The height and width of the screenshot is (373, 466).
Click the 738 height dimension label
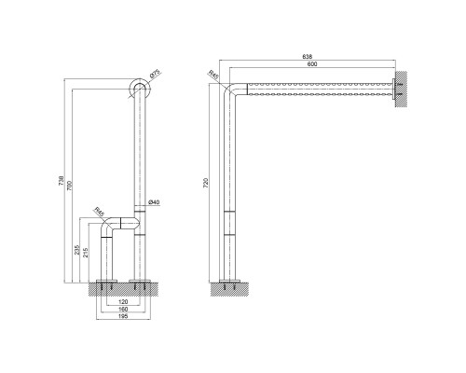[62, 181]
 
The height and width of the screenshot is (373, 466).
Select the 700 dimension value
[69, 186]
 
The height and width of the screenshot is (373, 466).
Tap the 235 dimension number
[77, 250]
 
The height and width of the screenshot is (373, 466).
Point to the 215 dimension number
[86, 253]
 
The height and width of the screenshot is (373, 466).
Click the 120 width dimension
[123, 301]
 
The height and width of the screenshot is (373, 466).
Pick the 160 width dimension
[123, 309]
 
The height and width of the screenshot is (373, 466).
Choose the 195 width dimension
[123, 316]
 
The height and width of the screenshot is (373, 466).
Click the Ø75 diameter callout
[155, 74]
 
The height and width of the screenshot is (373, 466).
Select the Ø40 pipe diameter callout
[154, 202]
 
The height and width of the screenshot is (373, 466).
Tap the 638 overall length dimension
[308, 57]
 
